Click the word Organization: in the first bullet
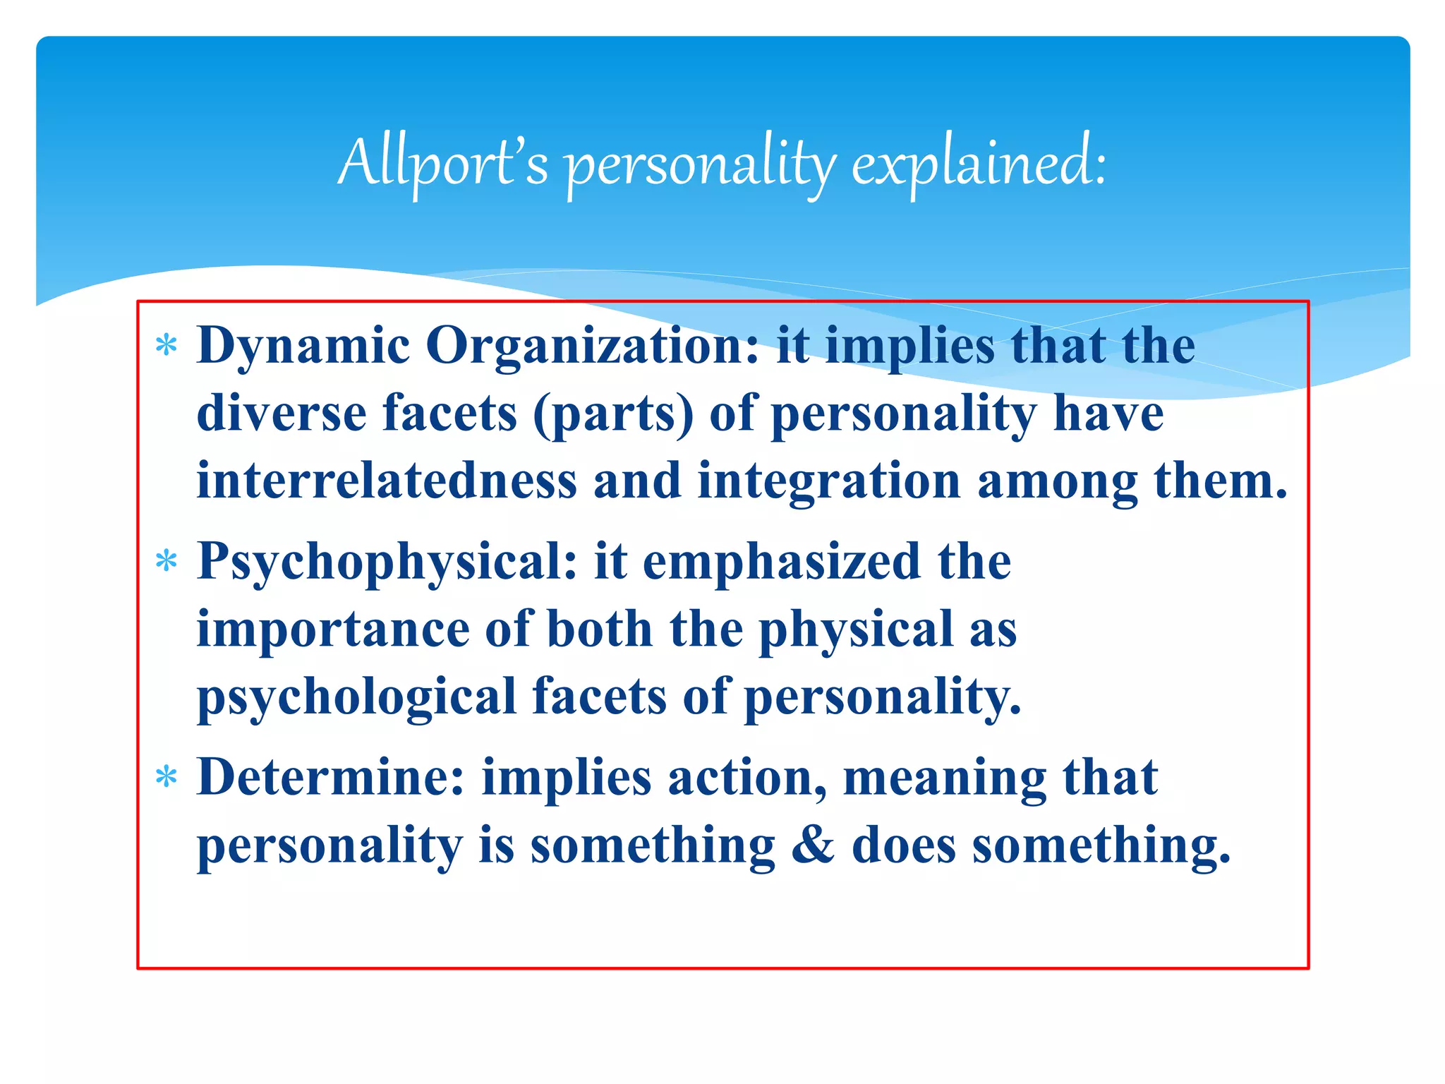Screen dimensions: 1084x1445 tap(593, 346)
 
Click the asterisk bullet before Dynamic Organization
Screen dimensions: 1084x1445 tap(167, 347)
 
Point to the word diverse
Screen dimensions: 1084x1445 tap(282, 414)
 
